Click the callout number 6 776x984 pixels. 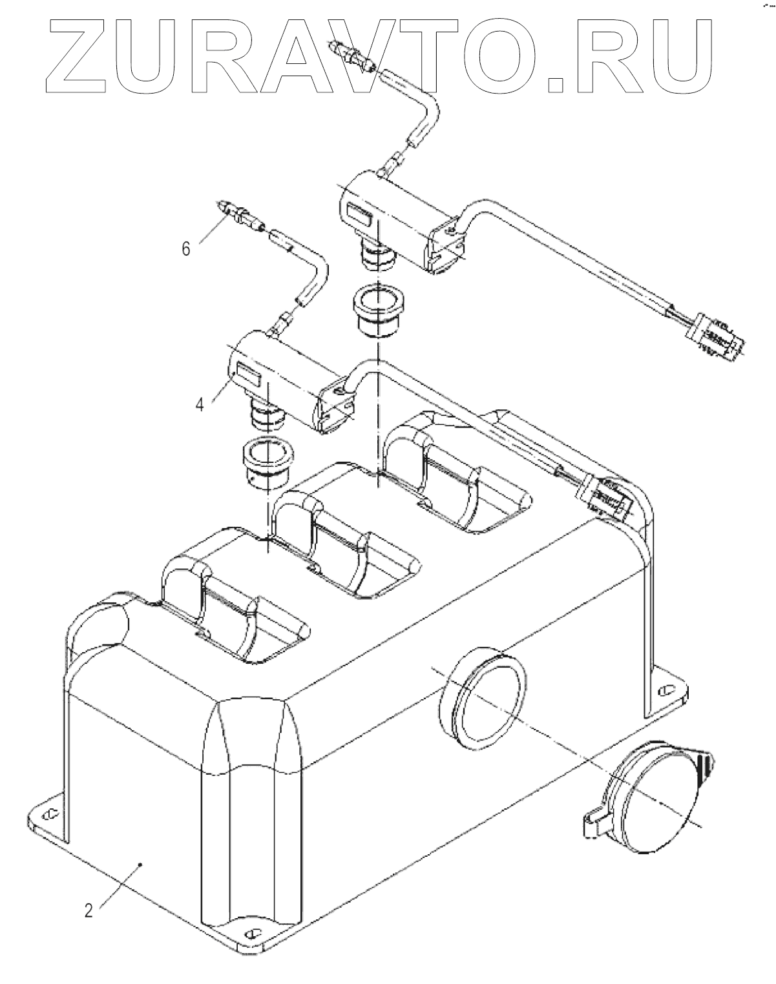click(x=186, y=249)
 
